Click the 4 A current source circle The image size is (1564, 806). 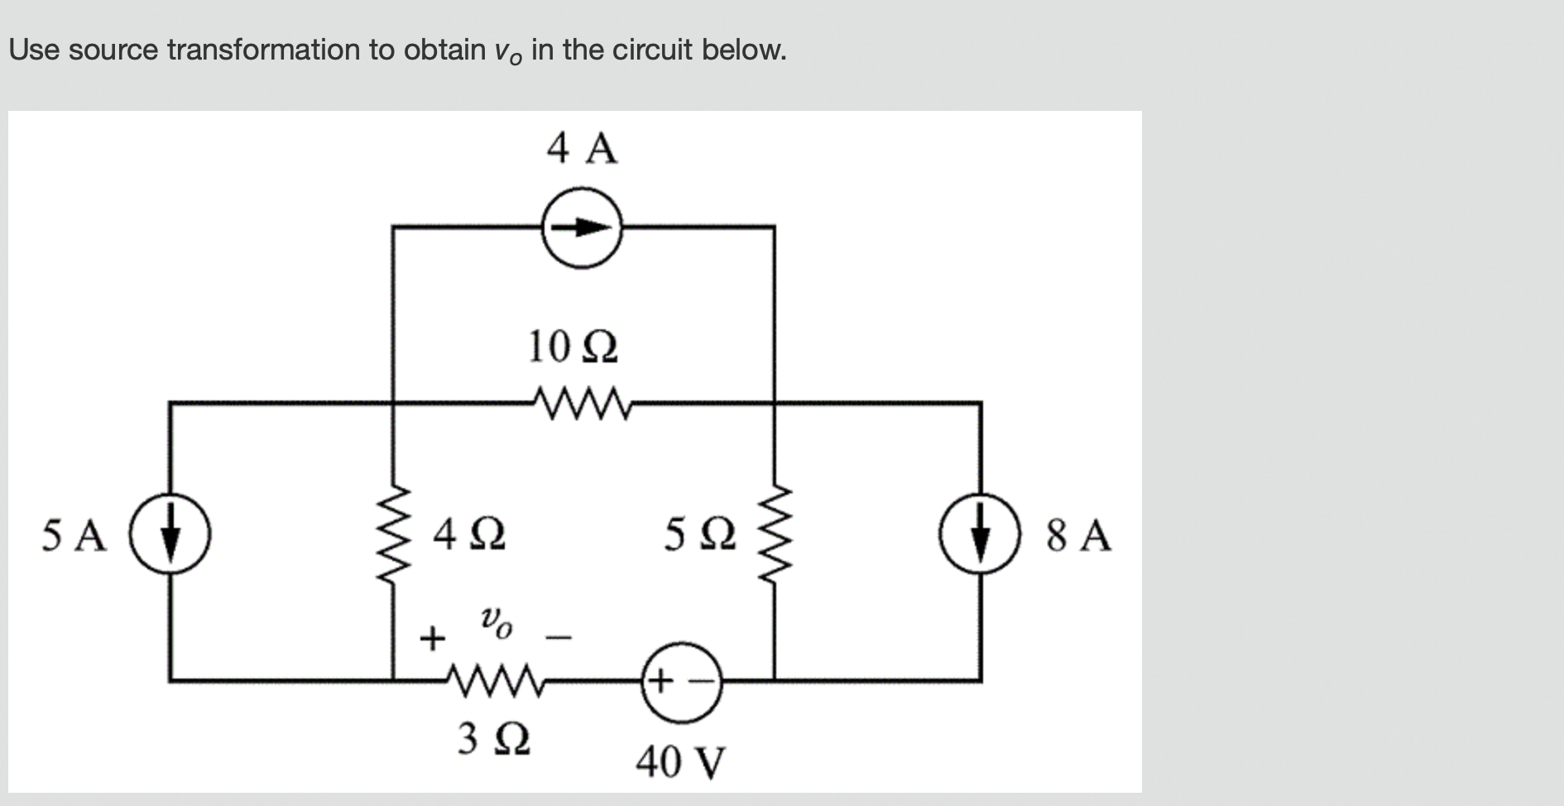point(582,226)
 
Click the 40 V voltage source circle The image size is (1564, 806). point(680,682)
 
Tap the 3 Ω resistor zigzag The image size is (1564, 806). point(494,680)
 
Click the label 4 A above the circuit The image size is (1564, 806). point(582,149)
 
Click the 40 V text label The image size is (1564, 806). point(680,762)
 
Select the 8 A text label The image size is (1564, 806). point(1078,535)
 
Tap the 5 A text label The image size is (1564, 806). point(74,535)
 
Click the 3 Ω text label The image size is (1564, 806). point(494,739)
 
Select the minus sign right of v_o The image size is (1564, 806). point(559,637)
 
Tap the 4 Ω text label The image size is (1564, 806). point(470,535)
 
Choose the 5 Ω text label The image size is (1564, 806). point(700,535)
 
